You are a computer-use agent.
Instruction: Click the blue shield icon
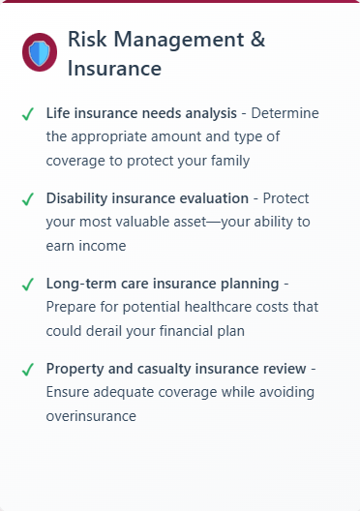coord(40,52)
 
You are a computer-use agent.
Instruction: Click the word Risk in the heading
coord(87,39)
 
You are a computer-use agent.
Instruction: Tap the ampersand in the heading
coord(257,39)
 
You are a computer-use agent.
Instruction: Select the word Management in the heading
coord(178,41)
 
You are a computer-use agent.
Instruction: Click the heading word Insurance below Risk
coord(114,68)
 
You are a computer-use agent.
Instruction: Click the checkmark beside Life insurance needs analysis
coord(28,114)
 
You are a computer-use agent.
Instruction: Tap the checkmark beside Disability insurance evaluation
coord(28,199)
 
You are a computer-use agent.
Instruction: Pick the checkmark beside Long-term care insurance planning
coord(28,285)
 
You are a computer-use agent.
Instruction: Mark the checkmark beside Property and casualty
coord(28,370)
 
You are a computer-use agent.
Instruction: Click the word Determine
coord(285,113)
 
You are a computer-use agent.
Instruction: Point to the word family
coord(230,162)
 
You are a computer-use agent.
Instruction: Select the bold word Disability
coord(76,198)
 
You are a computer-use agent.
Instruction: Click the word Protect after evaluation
coord(285,198)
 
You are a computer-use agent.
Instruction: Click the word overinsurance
coord(91,416)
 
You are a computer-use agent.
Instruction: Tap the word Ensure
coord(68,392)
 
